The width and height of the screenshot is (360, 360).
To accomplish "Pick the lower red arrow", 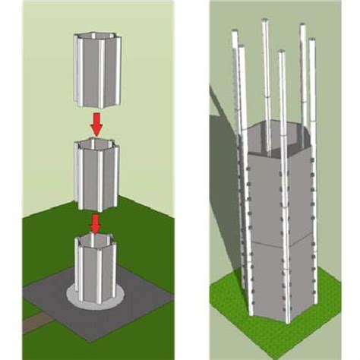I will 96,223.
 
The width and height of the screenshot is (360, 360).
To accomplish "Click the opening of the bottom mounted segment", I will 96,242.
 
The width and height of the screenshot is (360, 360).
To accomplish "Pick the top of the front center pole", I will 283,53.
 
